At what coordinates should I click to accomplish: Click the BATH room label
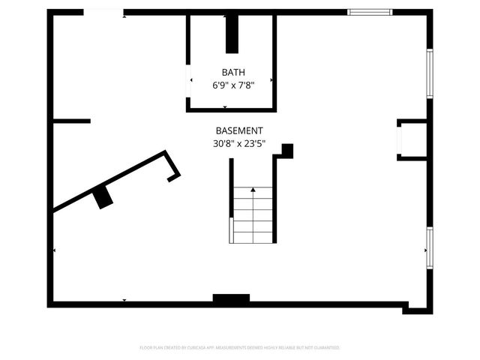[232, 72]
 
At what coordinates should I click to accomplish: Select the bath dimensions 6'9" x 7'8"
[232, 85]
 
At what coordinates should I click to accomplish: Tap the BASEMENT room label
[239, 130]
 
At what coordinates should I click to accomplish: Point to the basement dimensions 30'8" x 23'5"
[239, 143]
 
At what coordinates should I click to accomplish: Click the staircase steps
[253, 217]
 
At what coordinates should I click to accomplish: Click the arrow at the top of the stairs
[253, 190]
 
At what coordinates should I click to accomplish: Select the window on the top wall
[370, 12]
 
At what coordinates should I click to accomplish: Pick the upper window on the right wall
[430, 72]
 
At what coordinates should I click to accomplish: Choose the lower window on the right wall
[430, 247]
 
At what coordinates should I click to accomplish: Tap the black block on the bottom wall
[231, 299]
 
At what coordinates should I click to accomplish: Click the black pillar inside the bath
[232, 34]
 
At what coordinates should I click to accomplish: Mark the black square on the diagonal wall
[103, 197]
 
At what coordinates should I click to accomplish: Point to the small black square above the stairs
[286, 150]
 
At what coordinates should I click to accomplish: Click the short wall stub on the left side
[72, 121]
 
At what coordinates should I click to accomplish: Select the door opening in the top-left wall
[103, 12]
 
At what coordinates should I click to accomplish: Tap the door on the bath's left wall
[188, 81]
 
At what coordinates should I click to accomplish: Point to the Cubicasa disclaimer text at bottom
[240, 348]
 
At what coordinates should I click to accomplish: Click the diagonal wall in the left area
[112, 180]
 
